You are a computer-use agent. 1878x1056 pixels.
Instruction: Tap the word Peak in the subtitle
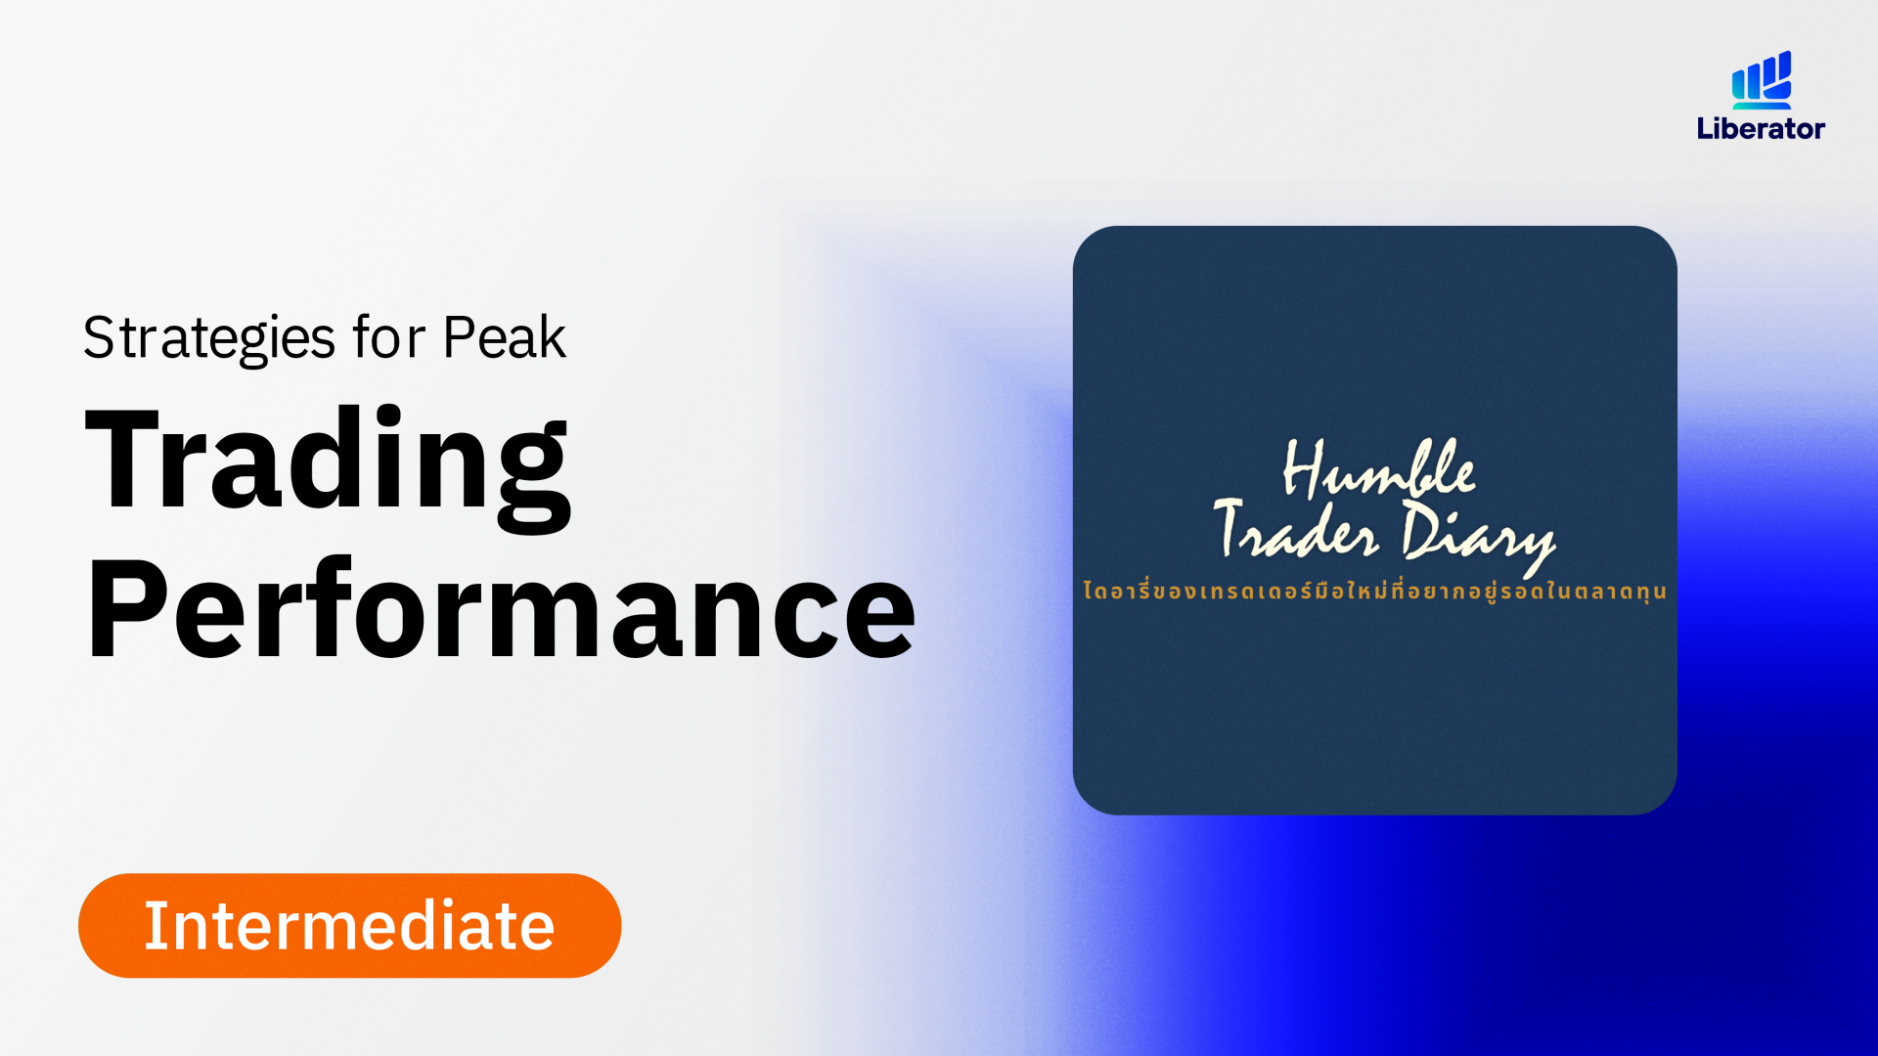(504, 336)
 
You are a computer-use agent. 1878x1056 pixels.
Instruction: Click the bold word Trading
(328, 467)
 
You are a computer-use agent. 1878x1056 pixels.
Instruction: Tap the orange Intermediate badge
(349, 925)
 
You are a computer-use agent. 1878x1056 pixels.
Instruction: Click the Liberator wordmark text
(1761, 128)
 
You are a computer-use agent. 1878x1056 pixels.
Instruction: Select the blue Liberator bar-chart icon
(1762, 79)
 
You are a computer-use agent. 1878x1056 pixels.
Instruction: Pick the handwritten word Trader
(1296, 529)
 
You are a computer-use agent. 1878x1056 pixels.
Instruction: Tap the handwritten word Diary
(1478, 536)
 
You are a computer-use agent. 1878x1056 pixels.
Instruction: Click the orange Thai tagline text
(1374, 591)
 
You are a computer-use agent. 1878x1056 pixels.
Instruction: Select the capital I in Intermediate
(151, 925)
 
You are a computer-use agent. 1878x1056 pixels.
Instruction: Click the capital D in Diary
(1422, 529)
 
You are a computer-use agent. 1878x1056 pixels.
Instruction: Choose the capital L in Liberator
(1704, 128)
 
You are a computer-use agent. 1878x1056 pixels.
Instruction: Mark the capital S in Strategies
(99, 338)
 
